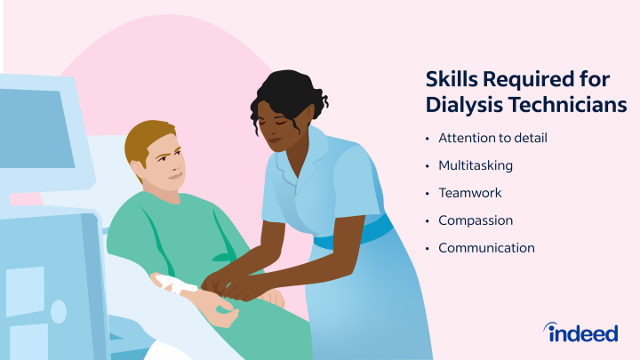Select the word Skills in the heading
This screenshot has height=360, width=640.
point(452,79)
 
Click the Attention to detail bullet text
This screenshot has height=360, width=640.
point(492,138)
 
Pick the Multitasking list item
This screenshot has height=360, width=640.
point(476,165)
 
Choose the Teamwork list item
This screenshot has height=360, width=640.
point(470,193)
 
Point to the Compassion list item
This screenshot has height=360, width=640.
point(476,220)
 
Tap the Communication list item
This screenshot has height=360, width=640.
point(486,248)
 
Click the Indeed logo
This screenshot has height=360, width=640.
point(580,332)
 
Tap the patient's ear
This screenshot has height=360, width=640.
point(138,166)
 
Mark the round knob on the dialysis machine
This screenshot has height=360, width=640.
point(59,312)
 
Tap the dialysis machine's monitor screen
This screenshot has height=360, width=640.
point(36,130)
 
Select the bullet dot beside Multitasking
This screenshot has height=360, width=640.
point(428,166)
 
